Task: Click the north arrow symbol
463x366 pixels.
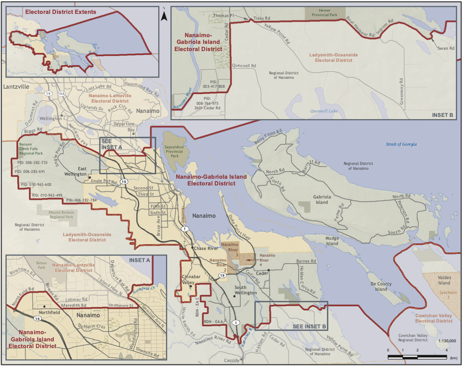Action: [x=164, y=17]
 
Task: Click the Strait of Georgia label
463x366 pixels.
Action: [x=402, y=144]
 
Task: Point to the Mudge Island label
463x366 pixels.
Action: [x=332, y=241]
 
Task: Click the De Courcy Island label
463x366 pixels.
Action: [x=381, y=287]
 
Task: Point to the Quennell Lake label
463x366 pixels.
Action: [x=325, y=111]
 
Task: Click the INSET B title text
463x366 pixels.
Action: [x=443, y=115]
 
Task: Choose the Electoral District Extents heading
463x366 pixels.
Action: [x=61, y=12]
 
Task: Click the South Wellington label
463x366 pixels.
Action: [x=247, y=290]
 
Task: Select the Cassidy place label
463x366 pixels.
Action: [x=232, y=360]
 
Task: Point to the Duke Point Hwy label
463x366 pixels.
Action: [x=237, y=227]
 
